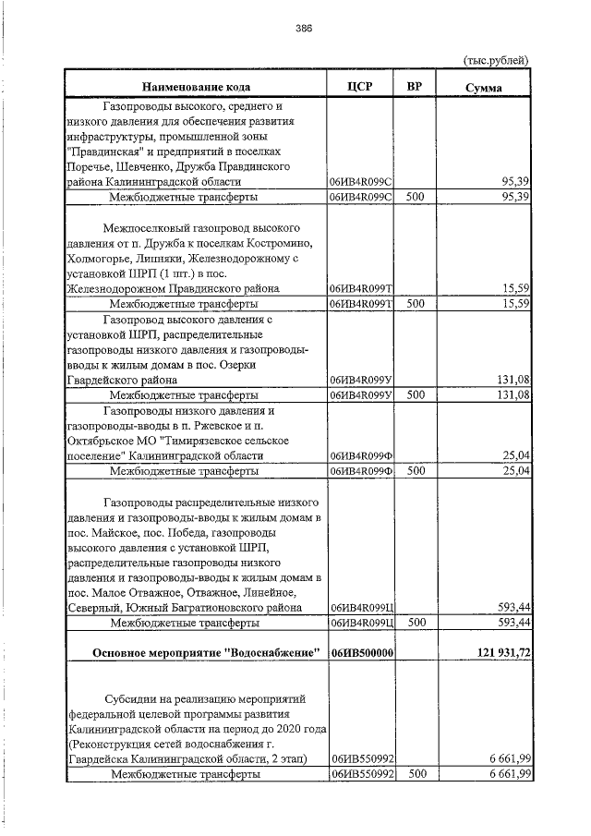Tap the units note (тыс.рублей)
pyautogui.click(x=496, y=60)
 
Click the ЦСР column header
pyautogui.click(x=361, y=87)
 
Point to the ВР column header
pyautogui.click(x=416, y=87)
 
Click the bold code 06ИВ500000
pyautogui.click(x=362, y=653)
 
